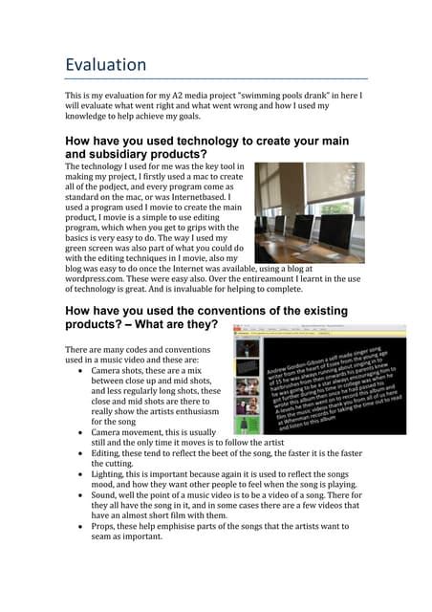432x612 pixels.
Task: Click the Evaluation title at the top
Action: point(105,65)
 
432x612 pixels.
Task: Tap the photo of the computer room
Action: point(314,212)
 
